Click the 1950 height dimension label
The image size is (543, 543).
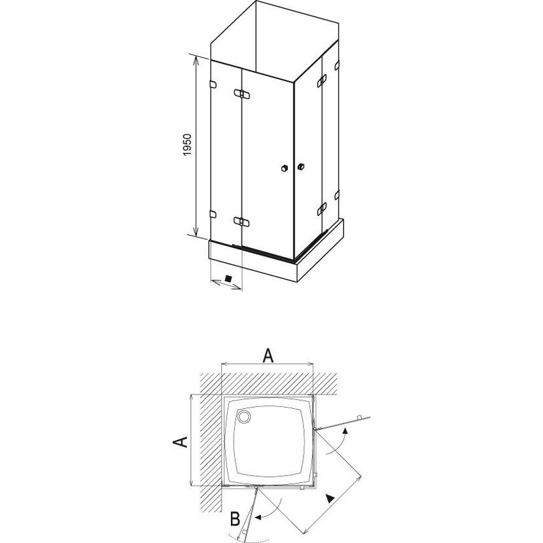pos(187,145)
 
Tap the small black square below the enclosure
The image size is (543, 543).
pos(228,278)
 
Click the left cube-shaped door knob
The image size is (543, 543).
pos(285,168)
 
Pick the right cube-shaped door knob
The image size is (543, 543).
pos(300,166)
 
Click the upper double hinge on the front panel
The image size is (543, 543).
pos(241,94)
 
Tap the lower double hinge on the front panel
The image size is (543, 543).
pos(241,221)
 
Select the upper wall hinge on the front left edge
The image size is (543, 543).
pos(213,84)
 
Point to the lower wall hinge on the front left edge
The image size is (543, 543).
pos(213,215)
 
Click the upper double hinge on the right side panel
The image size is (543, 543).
pos(322,80)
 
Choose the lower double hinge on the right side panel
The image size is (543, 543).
pos(322,209)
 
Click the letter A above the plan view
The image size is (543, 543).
pos(268,356)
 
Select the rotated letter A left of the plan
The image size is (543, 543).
pos(181,442)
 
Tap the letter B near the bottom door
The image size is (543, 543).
pos(236,519)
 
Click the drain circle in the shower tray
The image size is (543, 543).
pos(244,417)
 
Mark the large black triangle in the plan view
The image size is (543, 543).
pos(330,499)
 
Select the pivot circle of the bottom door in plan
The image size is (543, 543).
pos(256,487)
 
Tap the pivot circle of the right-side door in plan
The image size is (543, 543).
pos(314,429)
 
